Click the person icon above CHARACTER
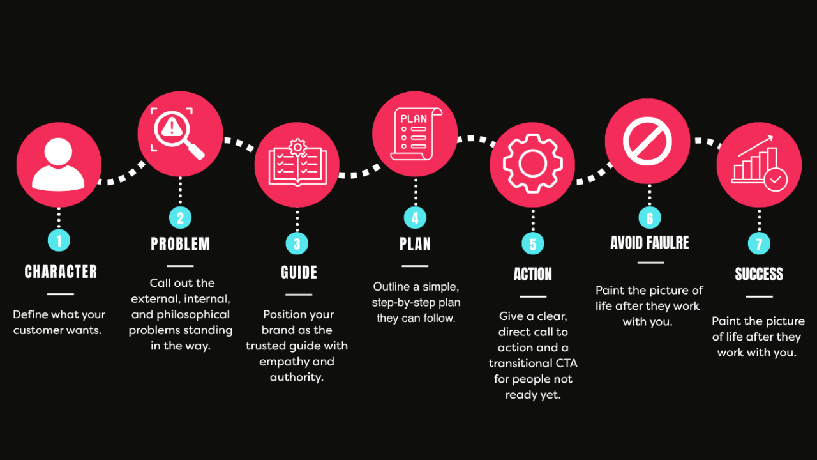click(59, 164)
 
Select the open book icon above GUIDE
click(297, 164)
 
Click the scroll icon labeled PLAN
click(415, 134)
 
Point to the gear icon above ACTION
click(532, 164)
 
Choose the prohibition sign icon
click(647, 141)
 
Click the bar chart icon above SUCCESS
click(759, 164)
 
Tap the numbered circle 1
click(59, 240)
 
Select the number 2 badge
click(180, 218)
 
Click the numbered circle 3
click(297, 243)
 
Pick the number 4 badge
click(415, 218)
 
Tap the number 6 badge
click(650, 218)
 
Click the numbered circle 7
click(759, 243)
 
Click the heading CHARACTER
click(61, 272)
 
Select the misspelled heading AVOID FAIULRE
click(650, 243)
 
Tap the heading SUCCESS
click(759, 275)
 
